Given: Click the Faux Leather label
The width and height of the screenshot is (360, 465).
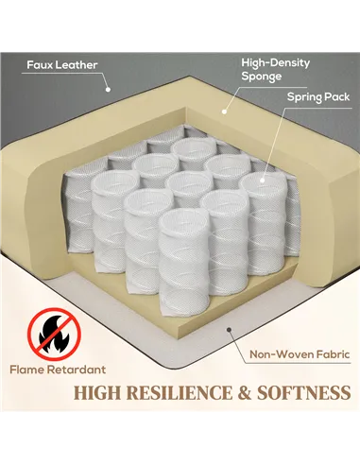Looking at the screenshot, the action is click(x=62, y=65).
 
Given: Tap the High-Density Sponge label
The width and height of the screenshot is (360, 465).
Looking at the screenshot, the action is click(x=275, y=69).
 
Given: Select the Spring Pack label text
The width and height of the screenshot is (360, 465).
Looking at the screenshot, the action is click(x=318, y=97).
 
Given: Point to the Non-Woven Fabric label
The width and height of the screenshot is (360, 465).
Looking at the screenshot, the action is click(x=300, y=354).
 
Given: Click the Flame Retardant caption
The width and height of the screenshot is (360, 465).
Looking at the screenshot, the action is click(x=58, y=370).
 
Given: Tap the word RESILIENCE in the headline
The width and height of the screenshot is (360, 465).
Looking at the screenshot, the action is click(x=180, y=393).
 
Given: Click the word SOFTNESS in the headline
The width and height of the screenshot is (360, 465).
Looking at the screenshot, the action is click(x=304, y=393).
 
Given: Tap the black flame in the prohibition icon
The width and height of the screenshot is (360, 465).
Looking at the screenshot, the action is click(x=54, y=335).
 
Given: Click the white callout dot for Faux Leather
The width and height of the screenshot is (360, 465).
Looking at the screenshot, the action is click(x=108, y=90).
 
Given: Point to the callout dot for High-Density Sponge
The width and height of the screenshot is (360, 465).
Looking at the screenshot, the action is click(x=224, y=112).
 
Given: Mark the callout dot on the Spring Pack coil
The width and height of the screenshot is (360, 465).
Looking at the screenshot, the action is click(x=262, y=181).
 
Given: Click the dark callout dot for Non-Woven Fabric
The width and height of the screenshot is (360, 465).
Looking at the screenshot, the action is click(x=230, y=330).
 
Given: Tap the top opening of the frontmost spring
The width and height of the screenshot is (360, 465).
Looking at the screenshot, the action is click(x=183, y=221).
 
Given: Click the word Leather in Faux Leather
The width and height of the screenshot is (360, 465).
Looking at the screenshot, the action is click(x=77, y=65).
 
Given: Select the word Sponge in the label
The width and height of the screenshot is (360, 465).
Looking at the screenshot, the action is click(x=262, y=77).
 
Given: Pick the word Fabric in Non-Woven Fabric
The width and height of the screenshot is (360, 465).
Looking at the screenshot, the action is click(x=333, y=354).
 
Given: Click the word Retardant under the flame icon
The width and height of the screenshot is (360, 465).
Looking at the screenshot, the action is click(x=77, y=370).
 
